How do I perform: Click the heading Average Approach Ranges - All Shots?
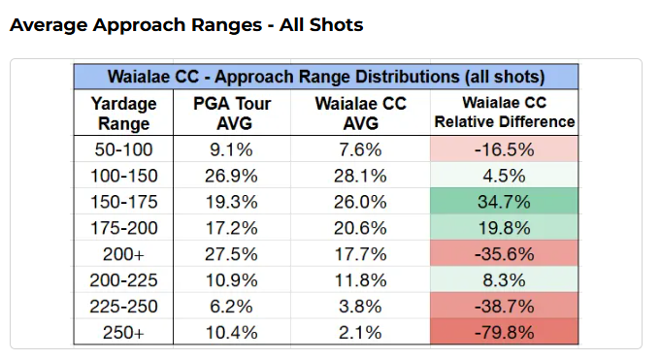click(186, 24)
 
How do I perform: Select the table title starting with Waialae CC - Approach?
click(327, 76)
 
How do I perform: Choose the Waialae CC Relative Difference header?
click(505, 113)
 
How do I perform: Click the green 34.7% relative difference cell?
click(505, 204)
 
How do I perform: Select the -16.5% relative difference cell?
click(505, 149)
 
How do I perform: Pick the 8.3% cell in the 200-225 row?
click(505, 281)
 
